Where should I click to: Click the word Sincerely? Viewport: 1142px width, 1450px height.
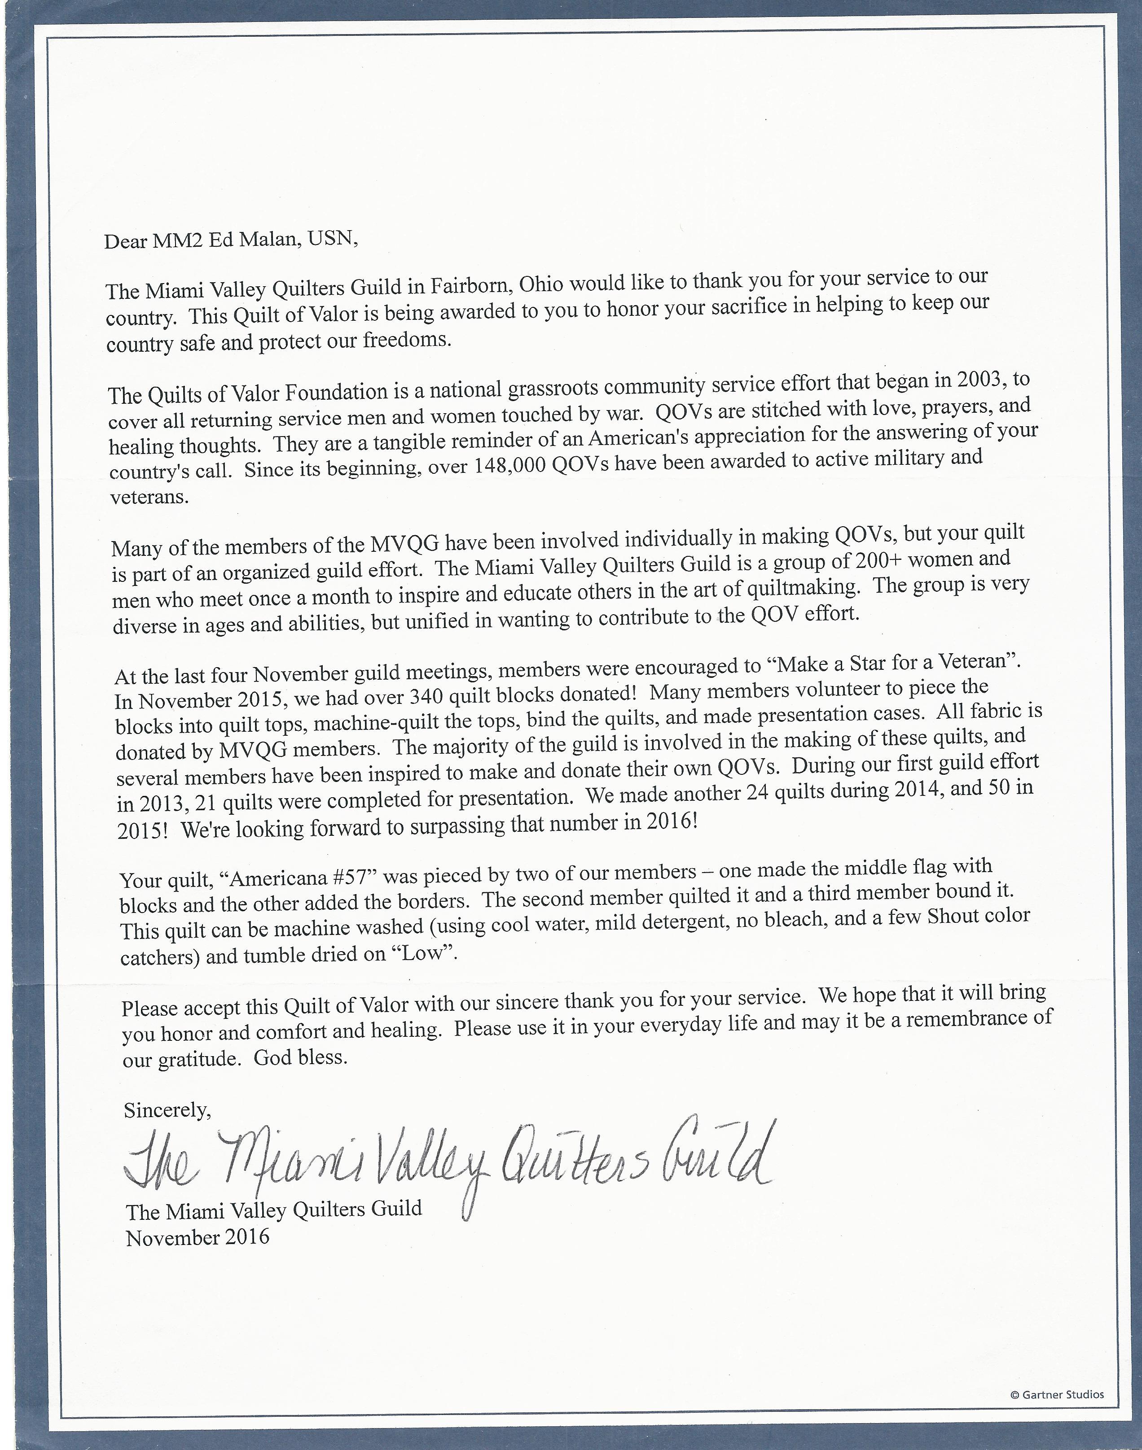tap(167, 1110)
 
